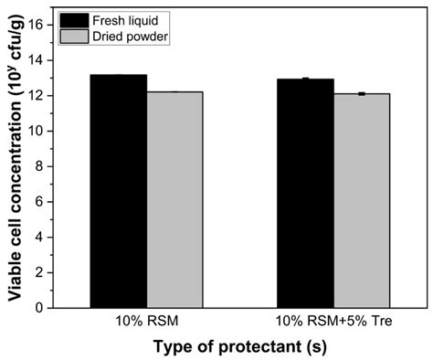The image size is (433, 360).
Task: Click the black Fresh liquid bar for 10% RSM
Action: [118, 191]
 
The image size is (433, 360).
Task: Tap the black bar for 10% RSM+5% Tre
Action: [306, 193]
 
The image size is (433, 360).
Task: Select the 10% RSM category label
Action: [146, 322]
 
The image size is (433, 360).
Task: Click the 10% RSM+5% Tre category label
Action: [334, 322]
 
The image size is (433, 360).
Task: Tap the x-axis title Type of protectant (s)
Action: [239, 347]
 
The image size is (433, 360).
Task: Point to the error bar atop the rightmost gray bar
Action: [363, 94]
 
